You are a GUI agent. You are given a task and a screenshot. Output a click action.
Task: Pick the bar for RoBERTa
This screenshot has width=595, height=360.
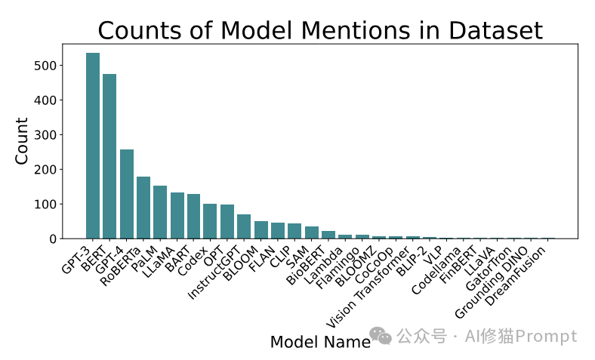tap(143, 208)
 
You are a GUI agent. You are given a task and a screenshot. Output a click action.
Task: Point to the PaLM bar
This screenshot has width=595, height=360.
tap(160, 212)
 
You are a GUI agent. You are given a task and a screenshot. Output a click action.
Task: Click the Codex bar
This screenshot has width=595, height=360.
tap(210, 221)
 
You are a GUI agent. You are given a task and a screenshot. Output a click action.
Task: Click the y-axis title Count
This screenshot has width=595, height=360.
tap(23, 140)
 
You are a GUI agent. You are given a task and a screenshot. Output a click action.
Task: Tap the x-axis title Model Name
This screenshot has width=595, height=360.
tap(320, 342)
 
